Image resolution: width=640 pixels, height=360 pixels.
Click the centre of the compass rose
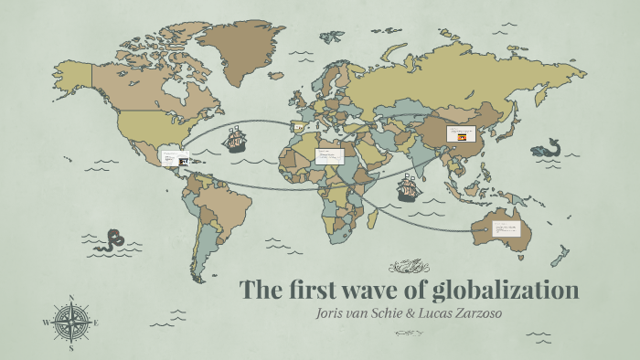point(71,322)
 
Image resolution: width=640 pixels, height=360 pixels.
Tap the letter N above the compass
point(71,297)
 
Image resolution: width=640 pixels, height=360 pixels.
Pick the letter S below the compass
point(71,348)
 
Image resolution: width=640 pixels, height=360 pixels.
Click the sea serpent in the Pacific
point(113,239)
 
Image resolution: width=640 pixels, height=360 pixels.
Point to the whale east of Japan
point(548,147)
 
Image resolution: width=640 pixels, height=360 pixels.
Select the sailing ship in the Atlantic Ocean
point(237,139)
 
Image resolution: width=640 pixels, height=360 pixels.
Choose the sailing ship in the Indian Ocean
point(408,190)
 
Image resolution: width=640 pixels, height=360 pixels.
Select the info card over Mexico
point(175,158)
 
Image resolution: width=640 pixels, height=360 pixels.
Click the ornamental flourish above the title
point(409,266)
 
